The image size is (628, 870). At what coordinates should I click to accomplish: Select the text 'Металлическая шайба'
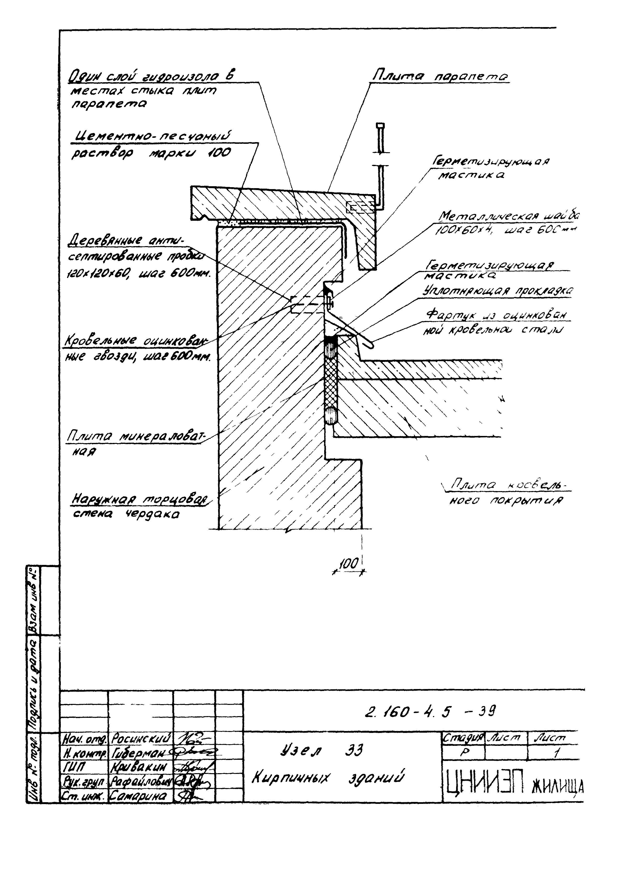tap(508, 217)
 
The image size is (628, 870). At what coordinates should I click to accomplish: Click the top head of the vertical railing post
tap(380, 126)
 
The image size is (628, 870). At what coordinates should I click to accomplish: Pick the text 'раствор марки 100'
tap(151, 153)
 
